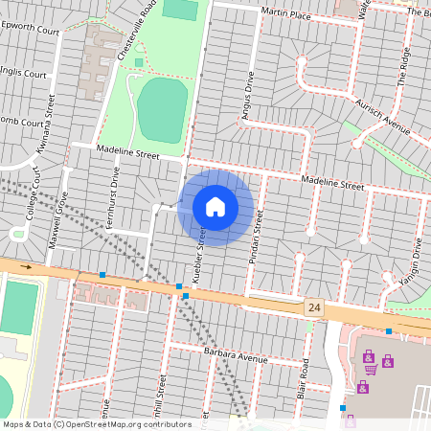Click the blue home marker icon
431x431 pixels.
[x=215, y=207]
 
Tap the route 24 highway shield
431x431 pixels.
[x=313, y=307]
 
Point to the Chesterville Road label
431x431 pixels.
[x=135, y=33]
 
